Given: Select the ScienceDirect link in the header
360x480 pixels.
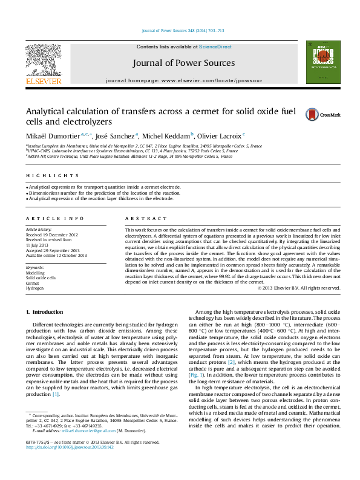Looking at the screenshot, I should click(x=215, y=47).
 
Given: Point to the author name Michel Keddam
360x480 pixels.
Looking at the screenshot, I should click(x=166, y=135).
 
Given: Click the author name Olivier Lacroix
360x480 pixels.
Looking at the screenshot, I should click(x=220, y=135).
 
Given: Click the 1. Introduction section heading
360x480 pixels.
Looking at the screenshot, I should click(x=46, y=311).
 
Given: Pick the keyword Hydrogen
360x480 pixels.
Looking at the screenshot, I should click(x=34, y=288).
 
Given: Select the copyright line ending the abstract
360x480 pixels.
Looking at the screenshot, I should click(x=298, y=288).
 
